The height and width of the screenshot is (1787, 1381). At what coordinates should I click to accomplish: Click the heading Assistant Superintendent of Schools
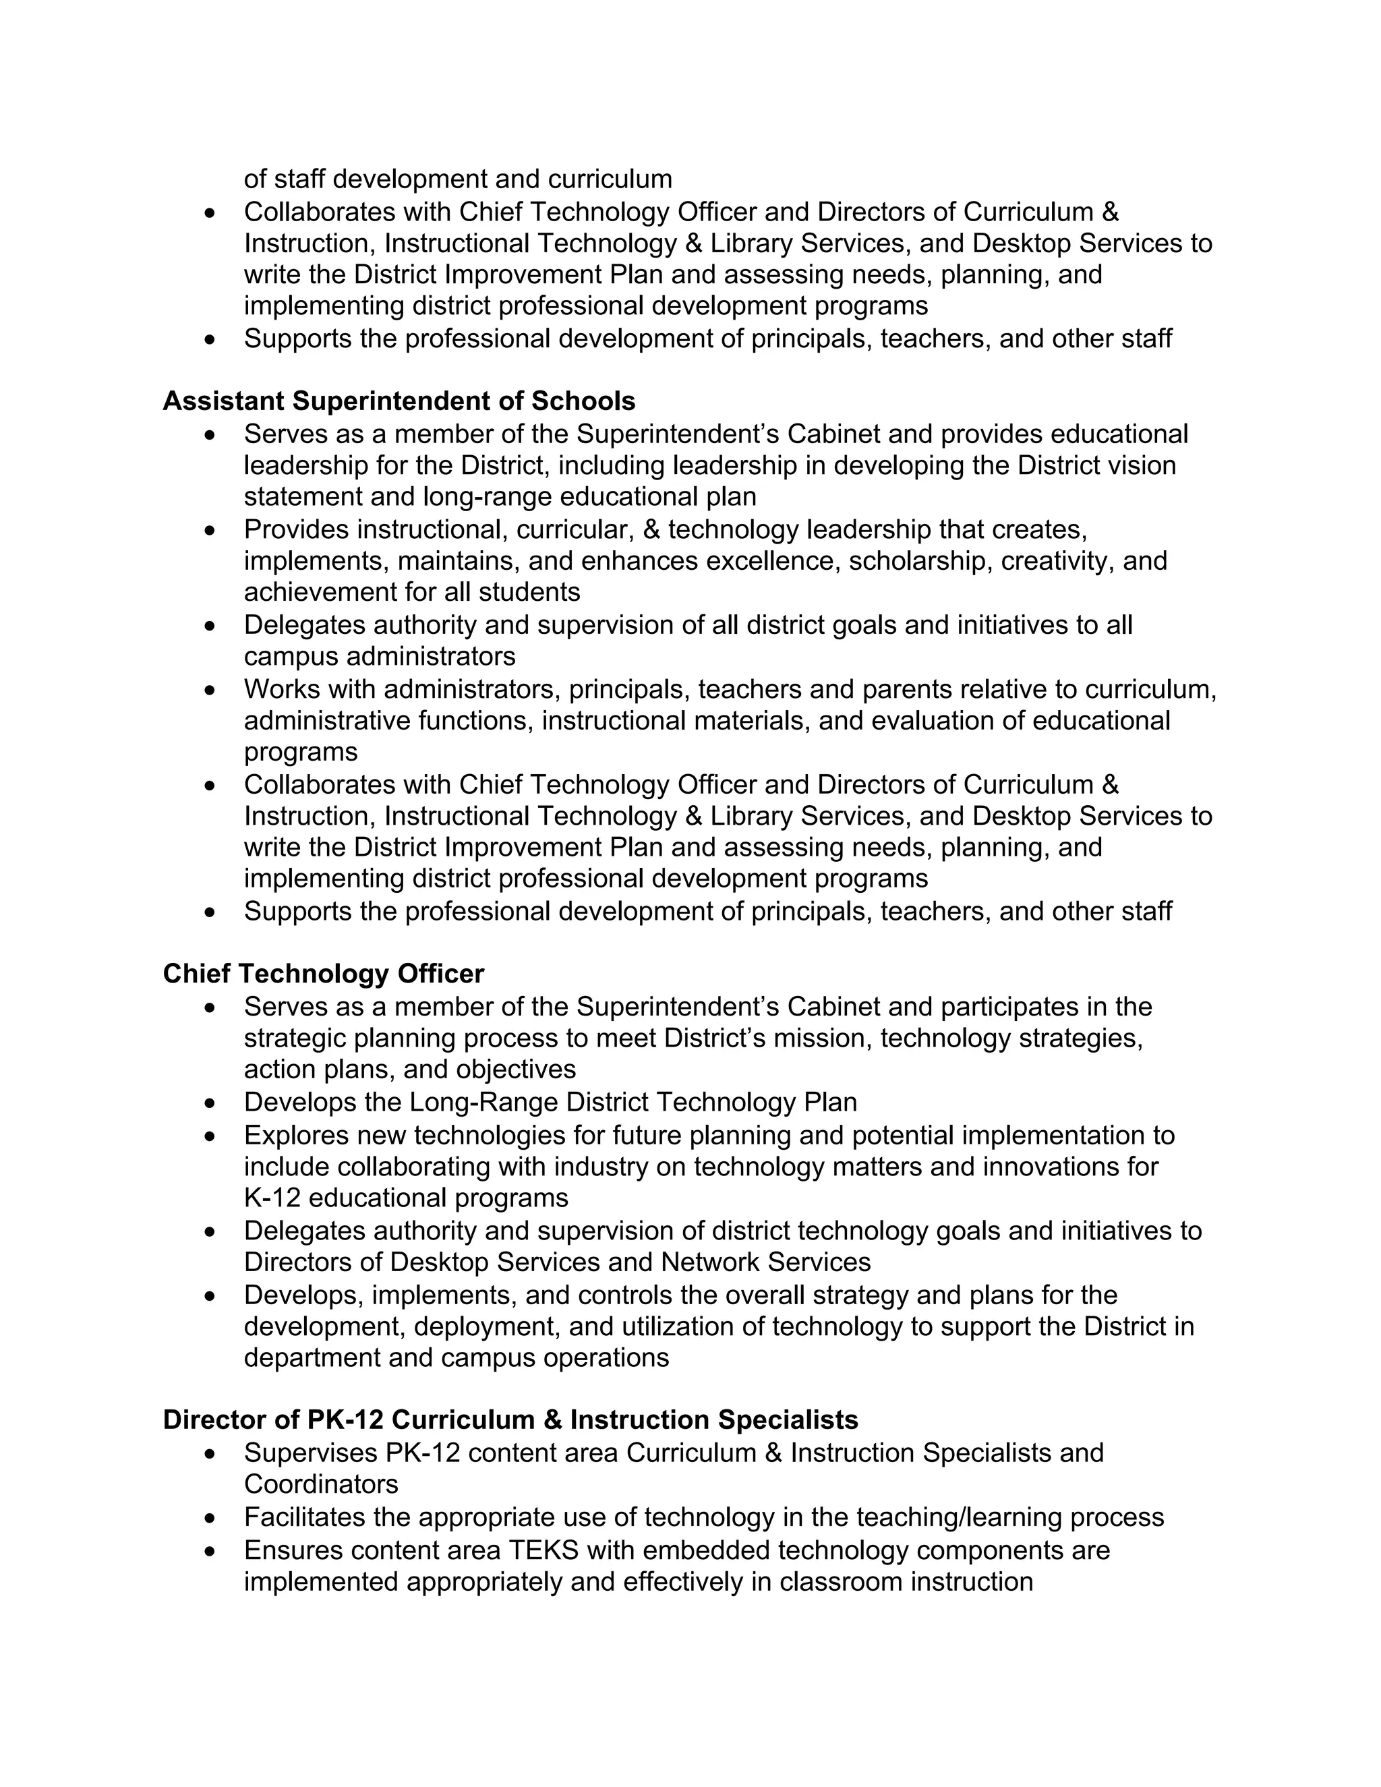tap(399, 401)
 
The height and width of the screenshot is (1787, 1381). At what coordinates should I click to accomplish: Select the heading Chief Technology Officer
tap(323, 974)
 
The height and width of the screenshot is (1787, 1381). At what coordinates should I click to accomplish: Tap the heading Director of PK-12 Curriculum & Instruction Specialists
tap(510, 1419)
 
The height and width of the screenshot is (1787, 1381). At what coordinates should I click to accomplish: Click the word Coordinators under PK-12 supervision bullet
tap(321, 1484)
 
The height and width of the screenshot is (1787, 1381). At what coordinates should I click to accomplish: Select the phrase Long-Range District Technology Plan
tap(633, 1102)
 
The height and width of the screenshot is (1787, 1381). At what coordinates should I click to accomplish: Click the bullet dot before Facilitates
tap(211, 1519)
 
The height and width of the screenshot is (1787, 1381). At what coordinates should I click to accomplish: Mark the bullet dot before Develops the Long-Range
tap(211, 1104)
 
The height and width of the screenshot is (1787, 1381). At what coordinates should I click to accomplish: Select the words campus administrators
tap(380, 656)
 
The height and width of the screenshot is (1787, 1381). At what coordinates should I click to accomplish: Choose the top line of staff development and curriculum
tap(457, 179)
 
